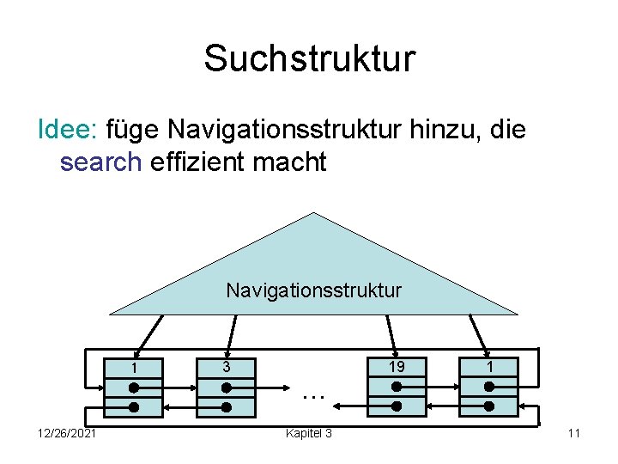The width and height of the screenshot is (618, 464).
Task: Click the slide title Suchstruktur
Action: (309, 59)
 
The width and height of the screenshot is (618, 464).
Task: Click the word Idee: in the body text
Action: (70, 130)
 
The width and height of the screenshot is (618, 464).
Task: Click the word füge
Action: (133, 131)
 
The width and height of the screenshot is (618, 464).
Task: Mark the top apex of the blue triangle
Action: (314, 213)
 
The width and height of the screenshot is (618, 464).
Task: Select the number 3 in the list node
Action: (226, 367)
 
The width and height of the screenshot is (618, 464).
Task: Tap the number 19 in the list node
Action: (396, 367)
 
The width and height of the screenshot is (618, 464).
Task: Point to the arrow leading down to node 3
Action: (229, 330)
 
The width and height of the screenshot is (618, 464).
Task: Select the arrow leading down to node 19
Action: (391, 330)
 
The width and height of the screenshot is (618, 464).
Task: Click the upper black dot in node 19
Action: (396, 388)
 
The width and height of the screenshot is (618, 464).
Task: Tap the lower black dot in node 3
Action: (226, 408)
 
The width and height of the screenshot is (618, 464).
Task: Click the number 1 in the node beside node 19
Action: (488, 367)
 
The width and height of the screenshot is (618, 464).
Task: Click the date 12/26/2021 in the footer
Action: (67, 433)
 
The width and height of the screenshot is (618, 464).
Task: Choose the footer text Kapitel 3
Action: (309, 433)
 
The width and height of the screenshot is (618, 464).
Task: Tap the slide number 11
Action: (573, 433)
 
